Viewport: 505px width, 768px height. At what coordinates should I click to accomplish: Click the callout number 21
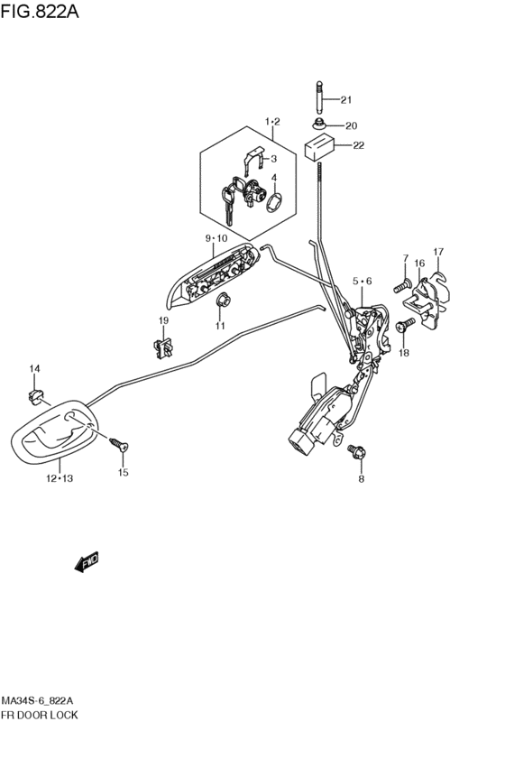tap(346, 100)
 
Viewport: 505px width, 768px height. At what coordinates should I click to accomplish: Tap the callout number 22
tap(359, 145)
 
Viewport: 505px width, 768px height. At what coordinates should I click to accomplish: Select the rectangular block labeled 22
tap(320, 146)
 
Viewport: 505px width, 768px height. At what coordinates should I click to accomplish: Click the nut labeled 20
tap(319, 124)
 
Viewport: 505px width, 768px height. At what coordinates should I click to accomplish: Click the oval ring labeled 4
tap(274, 202)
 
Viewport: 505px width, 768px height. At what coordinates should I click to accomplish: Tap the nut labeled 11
tap(225, 300)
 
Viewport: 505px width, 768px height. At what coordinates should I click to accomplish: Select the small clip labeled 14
tap(34, 396)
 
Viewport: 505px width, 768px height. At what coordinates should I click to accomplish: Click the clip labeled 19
tap(162, 347)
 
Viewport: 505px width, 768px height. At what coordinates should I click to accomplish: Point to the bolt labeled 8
tap(357, 451)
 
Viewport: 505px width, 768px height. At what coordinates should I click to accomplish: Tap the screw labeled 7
tap(403, 287)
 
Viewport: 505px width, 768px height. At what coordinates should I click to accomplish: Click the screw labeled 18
tap(406, 325)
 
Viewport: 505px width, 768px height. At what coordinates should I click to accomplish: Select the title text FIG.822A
tap(40, 11)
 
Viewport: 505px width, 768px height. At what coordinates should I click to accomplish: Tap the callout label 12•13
tap(60, 478)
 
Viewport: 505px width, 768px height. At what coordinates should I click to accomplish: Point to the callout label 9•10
tap(216, 238)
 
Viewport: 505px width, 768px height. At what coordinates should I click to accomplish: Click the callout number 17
tap(438, 252)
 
